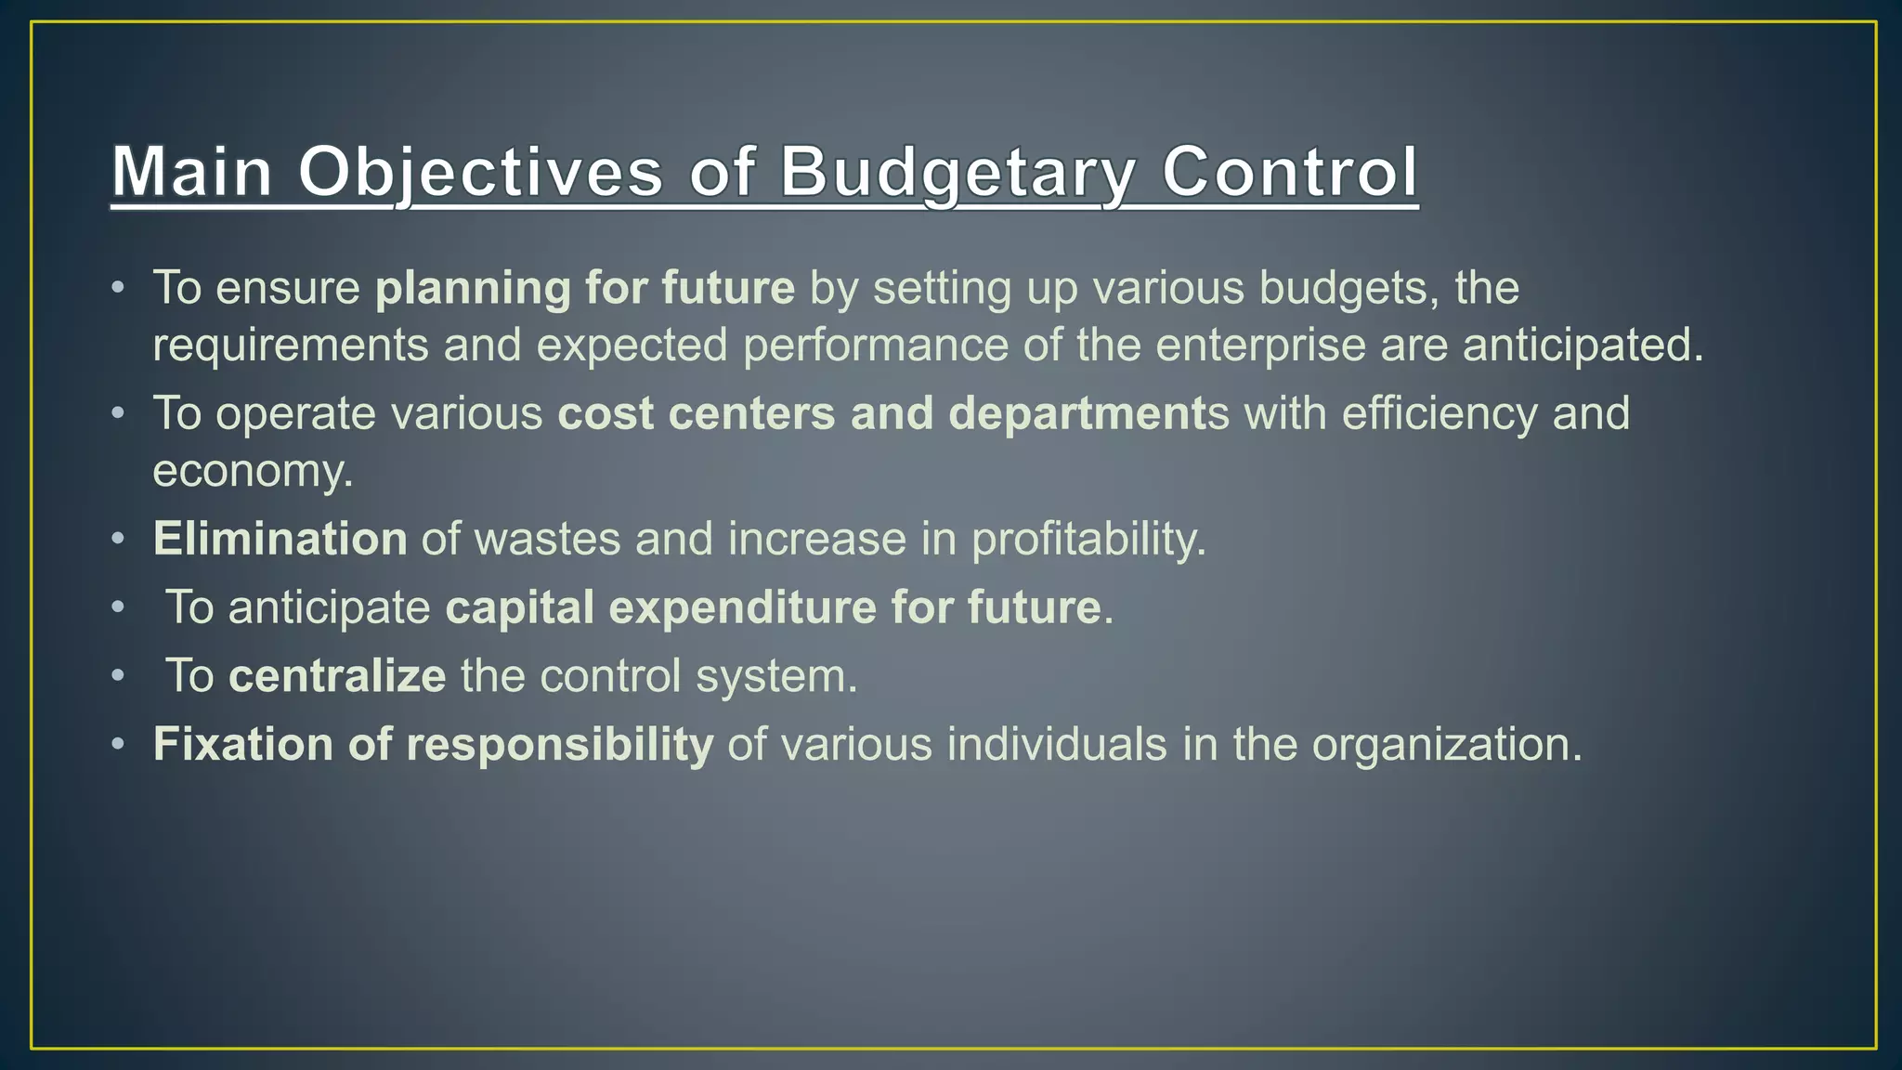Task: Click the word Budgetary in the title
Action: point(957,172)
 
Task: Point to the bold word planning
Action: point(473,288)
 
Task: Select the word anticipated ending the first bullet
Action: point(1583,346)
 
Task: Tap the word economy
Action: point(252,471)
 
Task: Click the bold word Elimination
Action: point(280,539)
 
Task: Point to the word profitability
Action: point(1088,539)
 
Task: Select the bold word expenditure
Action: point(742,607)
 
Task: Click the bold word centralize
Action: point(337,676)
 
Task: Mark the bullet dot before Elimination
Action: point(117,539)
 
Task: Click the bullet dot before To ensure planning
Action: point(117,288)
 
